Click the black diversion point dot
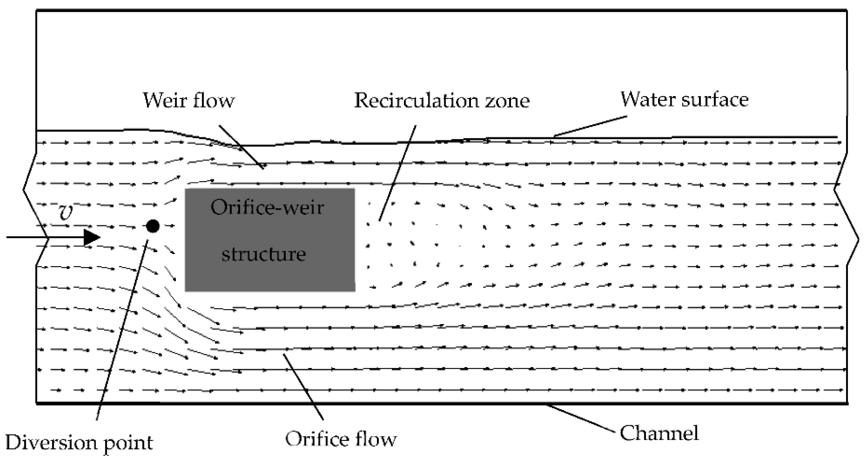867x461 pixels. pos(153,226)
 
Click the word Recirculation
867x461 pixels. pos(416,100)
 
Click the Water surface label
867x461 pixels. pos(684,99)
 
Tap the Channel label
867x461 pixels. pos(659,433)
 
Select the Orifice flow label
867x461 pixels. pos(341,439)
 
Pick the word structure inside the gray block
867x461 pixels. pos(264,254)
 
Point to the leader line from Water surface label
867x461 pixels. pos(591,126)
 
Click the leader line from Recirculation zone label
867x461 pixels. pos(398,173)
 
